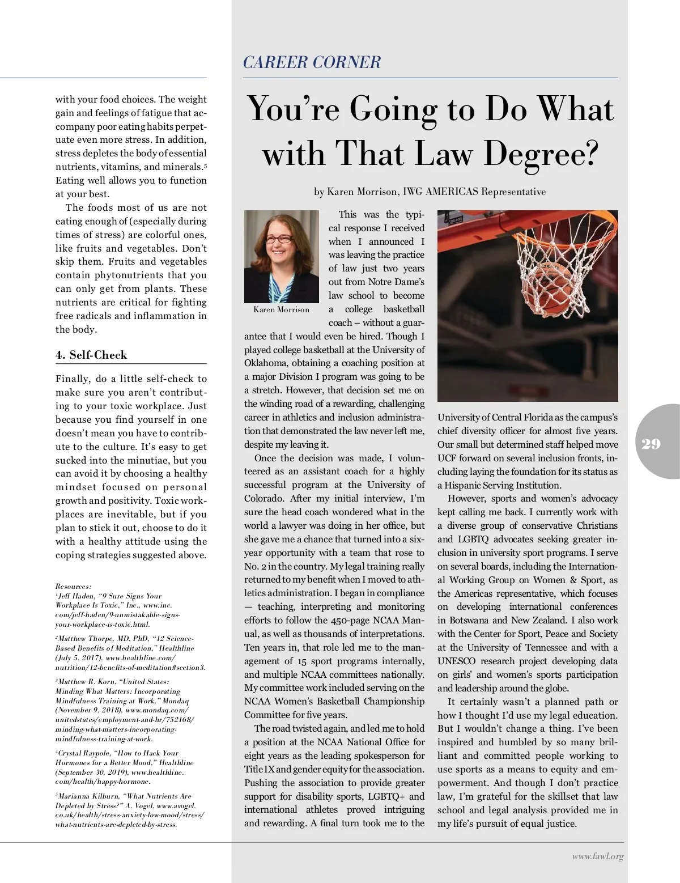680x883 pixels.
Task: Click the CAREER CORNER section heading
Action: [x=312, y=62]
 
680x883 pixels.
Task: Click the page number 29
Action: [x=651, y=444]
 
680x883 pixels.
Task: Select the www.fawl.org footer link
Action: [x=597, y=857]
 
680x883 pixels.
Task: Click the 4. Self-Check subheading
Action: [x=91, y=355]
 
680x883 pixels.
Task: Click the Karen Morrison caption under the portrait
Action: [x=282, y=309]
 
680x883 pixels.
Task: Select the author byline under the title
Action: [x=430, y=192]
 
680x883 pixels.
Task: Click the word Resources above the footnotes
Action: [x=73, y=586]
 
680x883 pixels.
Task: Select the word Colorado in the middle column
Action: [x=264, y=499]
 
